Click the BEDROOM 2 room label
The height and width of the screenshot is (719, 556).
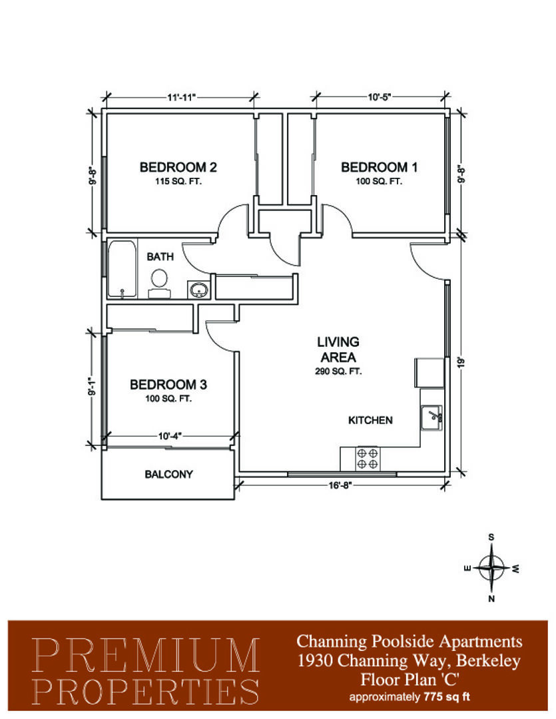178,167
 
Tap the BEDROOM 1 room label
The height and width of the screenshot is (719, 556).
379,167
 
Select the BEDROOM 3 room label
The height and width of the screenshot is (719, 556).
168,384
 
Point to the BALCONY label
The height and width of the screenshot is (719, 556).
168,474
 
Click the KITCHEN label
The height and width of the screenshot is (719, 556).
370,420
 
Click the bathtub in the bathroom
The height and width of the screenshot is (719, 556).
122,269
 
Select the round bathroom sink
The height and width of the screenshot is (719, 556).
199,290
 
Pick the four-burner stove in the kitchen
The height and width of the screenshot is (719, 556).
368,459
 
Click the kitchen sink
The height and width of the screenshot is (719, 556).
431,417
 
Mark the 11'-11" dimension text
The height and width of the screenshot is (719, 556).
181,97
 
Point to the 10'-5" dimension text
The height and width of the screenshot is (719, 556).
379,97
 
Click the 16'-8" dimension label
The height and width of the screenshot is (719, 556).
340,485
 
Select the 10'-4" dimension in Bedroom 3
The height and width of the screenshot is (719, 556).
170,436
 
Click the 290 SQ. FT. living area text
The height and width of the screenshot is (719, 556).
338,371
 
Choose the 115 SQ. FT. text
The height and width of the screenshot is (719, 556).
178,182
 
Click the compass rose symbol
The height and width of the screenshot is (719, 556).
491,568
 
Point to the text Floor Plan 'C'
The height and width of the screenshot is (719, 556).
410,679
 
